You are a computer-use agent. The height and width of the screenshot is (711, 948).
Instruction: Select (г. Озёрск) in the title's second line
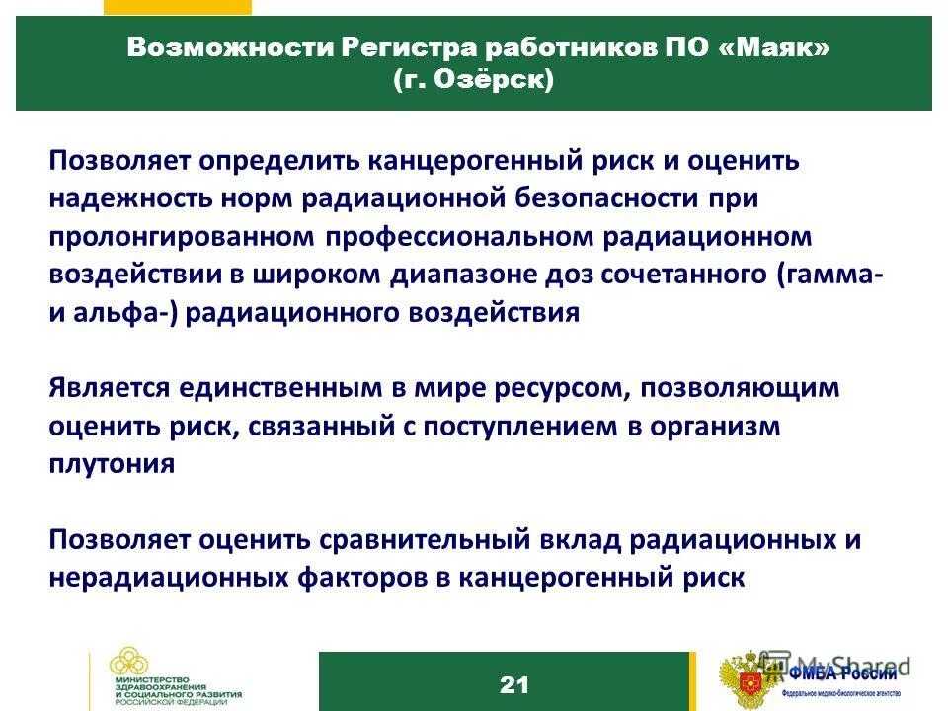(473, 80)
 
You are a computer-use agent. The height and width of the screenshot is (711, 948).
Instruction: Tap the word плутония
(112, 464)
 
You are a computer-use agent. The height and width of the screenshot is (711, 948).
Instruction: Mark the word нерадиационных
(168, 578)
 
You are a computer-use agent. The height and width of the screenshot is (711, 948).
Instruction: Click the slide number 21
(513, 684)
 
